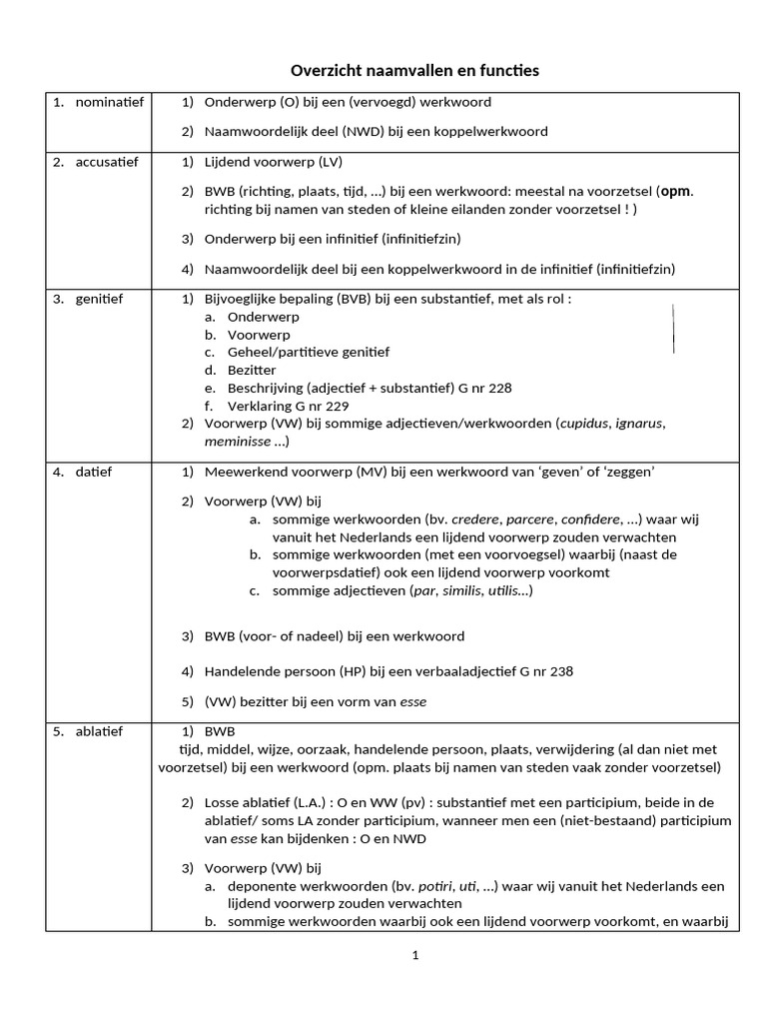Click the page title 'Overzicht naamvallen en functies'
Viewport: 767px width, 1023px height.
click(x=414, y=70)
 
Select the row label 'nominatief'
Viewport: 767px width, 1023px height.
click(x=109, y=102)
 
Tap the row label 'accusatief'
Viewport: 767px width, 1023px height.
click(x=107, y=161)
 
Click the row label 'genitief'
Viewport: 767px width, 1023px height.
click(x=99, y=299)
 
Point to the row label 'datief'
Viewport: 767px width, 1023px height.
click(x=93, y=472)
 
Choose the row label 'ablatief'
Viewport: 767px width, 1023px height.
click(x=99, y=731)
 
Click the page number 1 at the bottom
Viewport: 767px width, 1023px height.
click(x=414, y=955)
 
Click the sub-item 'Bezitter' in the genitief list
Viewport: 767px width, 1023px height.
click(x=253, y=370)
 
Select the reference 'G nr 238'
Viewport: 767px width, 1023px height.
click(x=543, y=671)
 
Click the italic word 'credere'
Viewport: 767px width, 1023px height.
click(x=475, y=519)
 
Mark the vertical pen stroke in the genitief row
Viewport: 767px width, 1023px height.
click(x=673, y=329)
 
